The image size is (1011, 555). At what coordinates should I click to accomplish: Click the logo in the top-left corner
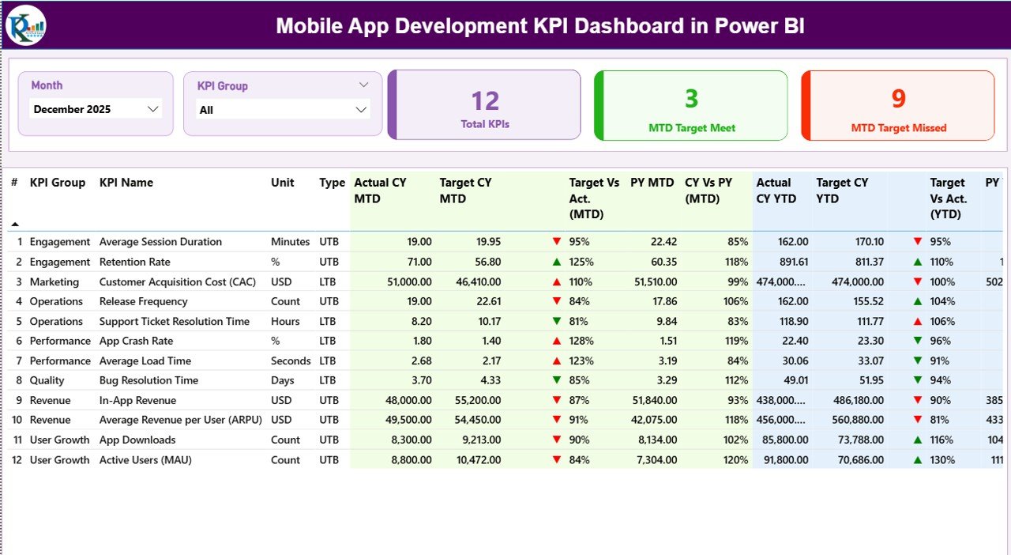26,25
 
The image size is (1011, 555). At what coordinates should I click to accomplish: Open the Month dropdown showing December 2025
96,109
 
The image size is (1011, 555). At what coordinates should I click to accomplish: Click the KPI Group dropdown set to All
283,110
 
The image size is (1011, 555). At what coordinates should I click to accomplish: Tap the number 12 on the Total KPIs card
485,100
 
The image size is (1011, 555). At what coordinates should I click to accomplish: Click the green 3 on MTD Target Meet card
691,98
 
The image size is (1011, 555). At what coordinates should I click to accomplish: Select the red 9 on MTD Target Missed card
899,98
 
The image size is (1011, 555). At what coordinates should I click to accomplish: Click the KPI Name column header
126,183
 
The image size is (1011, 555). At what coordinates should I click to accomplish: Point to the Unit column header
282,183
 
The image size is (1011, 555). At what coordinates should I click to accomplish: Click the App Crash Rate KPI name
136,341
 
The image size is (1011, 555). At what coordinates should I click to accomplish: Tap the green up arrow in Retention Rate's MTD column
557,262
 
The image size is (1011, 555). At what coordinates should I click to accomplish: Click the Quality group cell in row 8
47,380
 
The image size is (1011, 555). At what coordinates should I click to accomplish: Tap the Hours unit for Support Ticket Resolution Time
285,321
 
